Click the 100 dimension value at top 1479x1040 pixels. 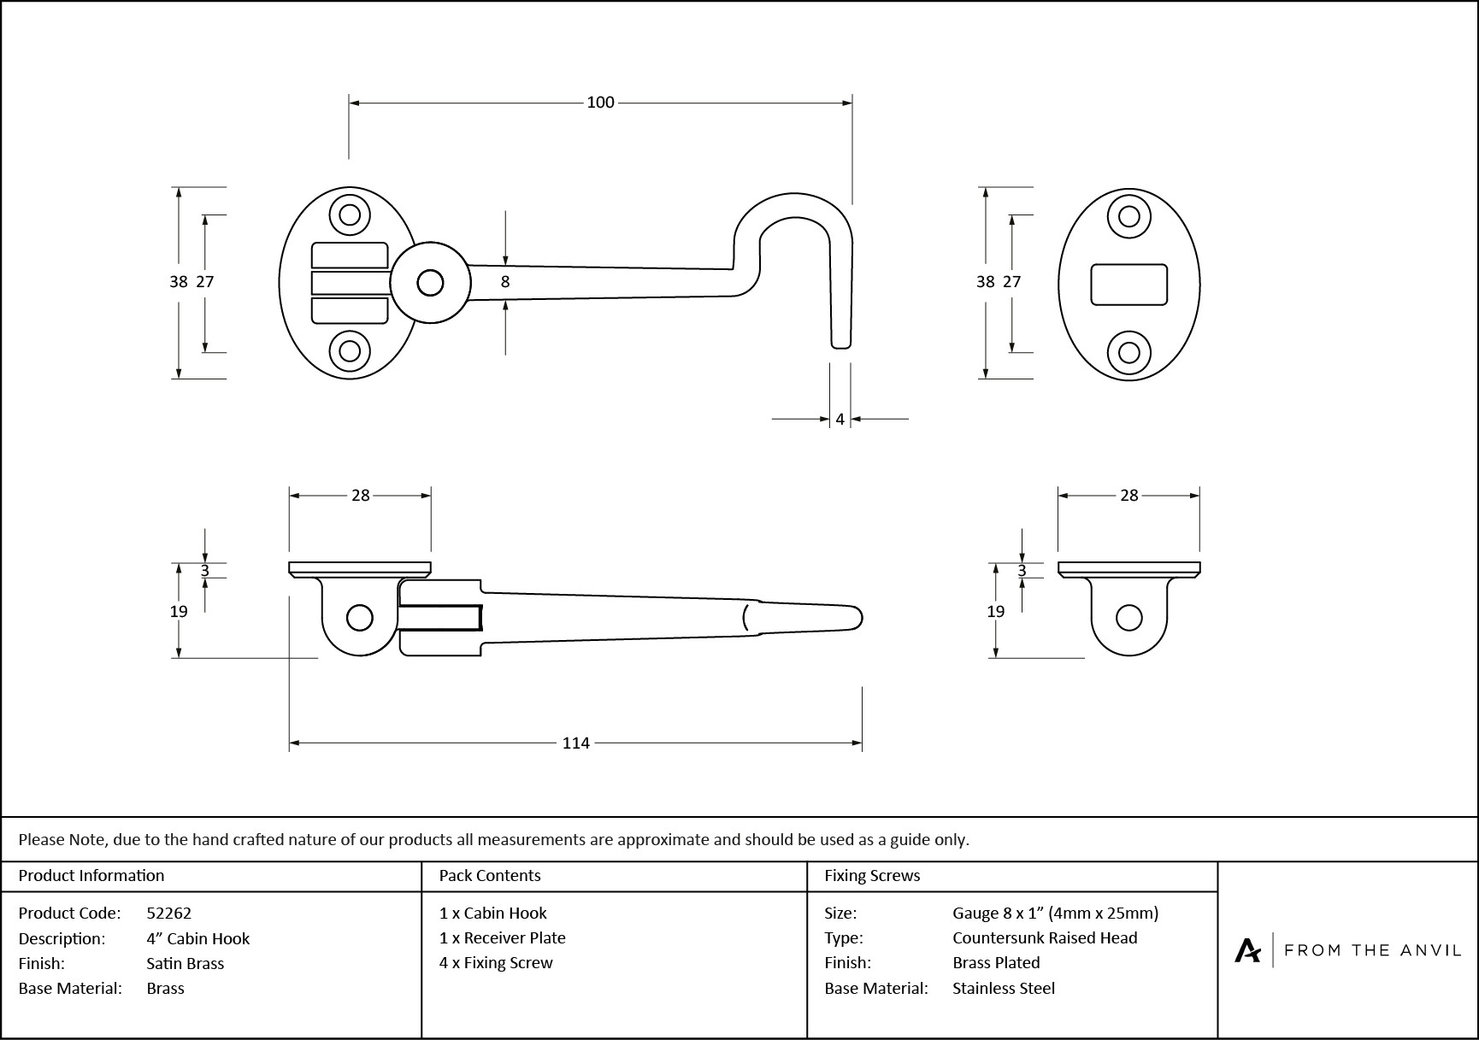(x=600, y=103)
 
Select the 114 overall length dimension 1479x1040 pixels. (x=575, y=743)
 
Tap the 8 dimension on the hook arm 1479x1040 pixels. (x=505, y=281)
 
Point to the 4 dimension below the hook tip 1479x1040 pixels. (x=840, y=420)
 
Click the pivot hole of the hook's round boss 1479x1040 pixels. (x=430, y=283)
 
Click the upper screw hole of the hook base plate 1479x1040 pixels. (x=350, y=214)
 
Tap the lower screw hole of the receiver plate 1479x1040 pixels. (x=1128, y=353)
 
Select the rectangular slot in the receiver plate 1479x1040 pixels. (x=1128, y=284)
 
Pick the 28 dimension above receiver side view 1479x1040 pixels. (x=1128, y=496)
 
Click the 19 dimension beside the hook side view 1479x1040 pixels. (x=178, y=611)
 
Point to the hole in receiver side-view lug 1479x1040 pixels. (x=1128, y=618)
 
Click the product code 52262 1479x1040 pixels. (x=169, y=914)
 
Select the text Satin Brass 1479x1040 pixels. (x=185, y=963)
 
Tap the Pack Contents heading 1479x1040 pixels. (x=490, y=876)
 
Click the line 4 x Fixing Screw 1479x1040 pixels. (x=496, y=963)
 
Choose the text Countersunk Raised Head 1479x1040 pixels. (x=1045, y=938)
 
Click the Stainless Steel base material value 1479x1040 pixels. (x=1004, y=989)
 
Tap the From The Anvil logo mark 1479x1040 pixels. (x=1247, y=950)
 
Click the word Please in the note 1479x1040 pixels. (x=41, y=840)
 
